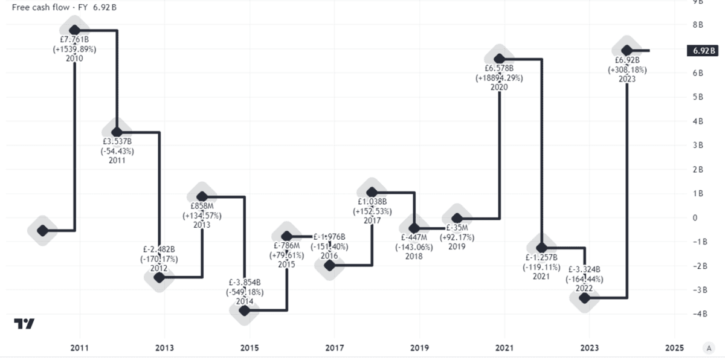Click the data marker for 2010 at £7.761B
tap(74, 30)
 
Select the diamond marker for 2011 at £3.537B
tap(117, 132)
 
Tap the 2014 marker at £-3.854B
tap(244, 310)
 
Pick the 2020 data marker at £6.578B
tap(499, 59)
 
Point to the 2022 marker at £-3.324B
tap(584, 297)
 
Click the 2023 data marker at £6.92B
tap(627, 50)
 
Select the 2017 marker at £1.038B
tap(372, 192)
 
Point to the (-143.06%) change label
tap(414, 246)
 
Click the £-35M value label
tap(459, 228)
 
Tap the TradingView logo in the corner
tap(24, 324)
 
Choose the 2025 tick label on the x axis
tap(674, 348)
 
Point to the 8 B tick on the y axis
tap(697, 25)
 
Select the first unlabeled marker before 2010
tap(42, 230)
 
